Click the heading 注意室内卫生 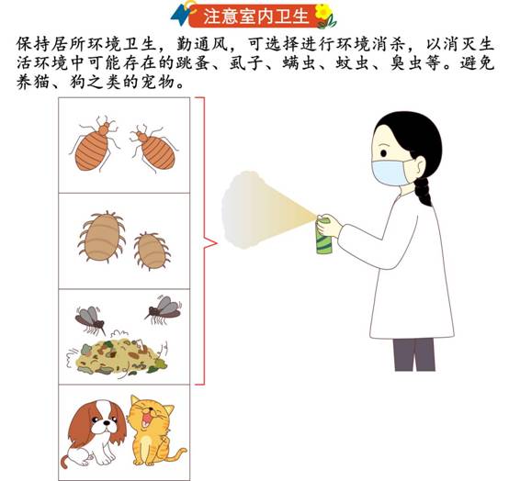click(x=256, y=17)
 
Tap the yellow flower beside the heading click(x=323, y=11)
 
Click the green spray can click(x=324, y=235)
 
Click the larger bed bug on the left click(x=94, y=144)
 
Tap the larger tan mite click(x=102, y=236)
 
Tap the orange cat click(x=153, y=431)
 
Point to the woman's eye click(x=384, y=153)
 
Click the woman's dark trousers click(x=414, y=354)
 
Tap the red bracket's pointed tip click(x=217, y=242)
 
